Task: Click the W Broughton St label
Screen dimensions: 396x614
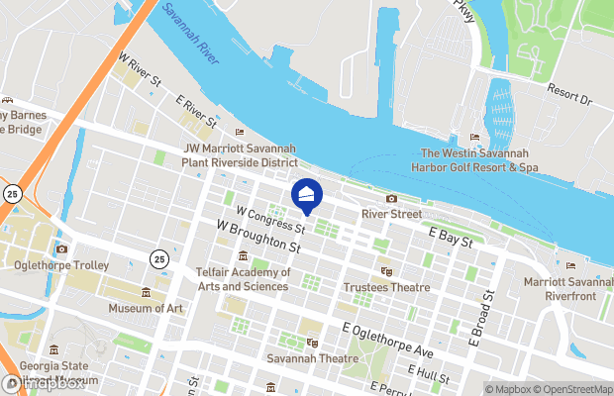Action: pyautogui.click(x=258, y=237)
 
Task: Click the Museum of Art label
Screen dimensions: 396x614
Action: pyautogui.click(x=147, y=308)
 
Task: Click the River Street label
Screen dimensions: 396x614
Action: pyautogui.click(x=391, y=214)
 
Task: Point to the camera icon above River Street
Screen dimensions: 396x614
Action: pyautogui.click(x=391, y=199)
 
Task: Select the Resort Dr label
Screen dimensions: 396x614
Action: pyautogui.click(x=570, y=100)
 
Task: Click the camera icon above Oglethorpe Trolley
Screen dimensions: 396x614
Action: pyautogui.click(x=61, y=249)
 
